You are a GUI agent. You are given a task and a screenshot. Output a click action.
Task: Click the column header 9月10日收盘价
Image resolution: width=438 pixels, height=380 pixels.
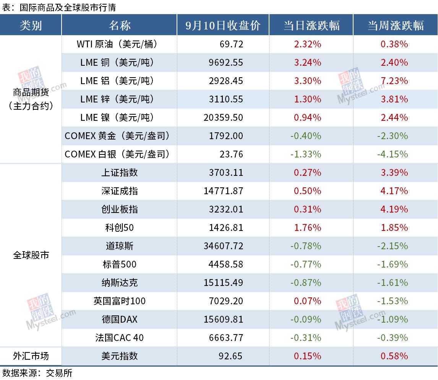(x=223, y=26)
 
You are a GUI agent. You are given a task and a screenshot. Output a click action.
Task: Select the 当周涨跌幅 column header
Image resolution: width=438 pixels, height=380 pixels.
(x=395, y=26)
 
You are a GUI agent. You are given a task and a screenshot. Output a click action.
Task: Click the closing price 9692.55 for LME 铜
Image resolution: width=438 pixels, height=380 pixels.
(x=226, y=62)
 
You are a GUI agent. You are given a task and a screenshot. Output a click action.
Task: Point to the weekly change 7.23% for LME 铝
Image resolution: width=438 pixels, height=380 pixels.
(x=394, y=81)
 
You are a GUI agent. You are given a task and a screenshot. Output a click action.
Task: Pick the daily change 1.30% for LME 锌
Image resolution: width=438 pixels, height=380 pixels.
(x=307, y=99)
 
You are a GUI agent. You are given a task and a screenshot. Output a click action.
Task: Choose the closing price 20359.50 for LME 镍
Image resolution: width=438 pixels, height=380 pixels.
(x=224, y=117)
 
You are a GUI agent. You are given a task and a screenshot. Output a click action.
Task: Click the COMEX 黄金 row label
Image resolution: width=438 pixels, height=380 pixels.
(x=117, y=136)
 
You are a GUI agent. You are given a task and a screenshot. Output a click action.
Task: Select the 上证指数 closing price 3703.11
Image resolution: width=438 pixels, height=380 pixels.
(x=226, y=172)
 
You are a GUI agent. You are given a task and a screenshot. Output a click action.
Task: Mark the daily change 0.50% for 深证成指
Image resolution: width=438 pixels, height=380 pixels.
(x=307, y=191)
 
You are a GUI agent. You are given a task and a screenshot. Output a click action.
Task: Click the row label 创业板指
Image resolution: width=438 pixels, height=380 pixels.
(x=120, y=209)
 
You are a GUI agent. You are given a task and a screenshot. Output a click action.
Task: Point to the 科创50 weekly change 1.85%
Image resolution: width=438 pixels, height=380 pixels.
(x=394, y=227)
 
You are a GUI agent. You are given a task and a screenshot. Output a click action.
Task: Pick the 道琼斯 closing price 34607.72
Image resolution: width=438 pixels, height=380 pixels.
(x=224, y=246)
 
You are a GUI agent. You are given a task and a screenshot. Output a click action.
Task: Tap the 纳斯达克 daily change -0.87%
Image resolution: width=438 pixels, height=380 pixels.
(x=306, y=283)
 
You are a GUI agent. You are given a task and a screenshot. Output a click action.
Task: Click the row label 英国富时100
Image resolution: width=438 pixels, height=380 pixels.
(x=119, y=301)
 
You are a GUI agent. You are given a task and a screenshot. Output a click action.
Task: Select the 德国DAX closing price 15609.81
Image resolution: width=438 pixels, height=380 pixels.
(x=224, y=319)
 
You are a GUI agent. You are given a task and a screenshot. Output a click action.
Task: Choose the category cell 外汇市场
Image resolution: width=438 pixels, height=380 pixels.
(x=31, y=356)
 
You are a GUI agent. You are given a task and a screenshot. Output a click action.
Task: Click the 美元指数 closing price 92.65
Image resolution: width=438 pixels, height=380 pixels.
(x=230, y=356)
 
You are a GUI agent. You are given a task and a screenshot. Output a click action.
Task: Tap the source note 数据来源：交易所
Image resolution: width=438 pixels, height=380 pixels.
(x=37, y=373)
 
